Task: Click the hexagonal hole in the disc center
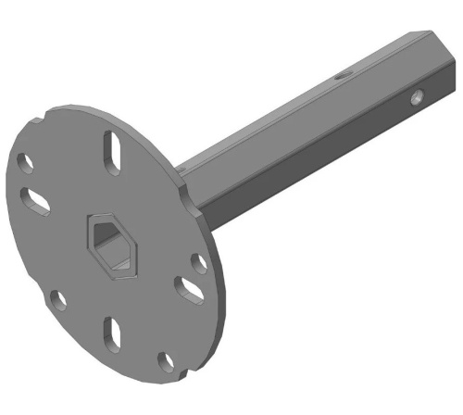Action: click(x=110, y=244)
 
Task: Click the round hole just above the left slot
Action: click(x=27, y=164)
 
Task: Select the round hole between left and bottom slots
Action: click(x=57, y=299)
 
